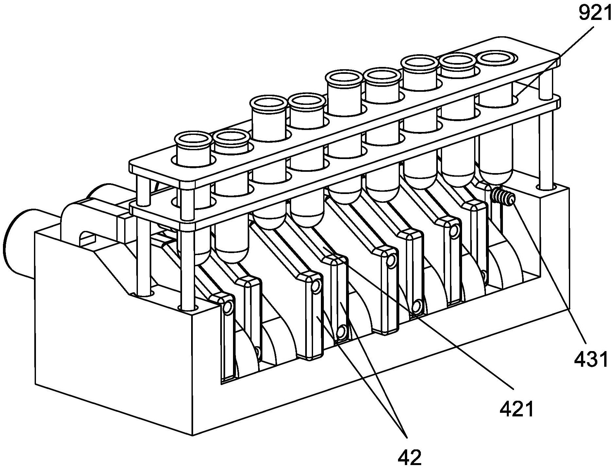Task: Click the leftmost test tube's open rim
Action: tap(192, 139)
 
